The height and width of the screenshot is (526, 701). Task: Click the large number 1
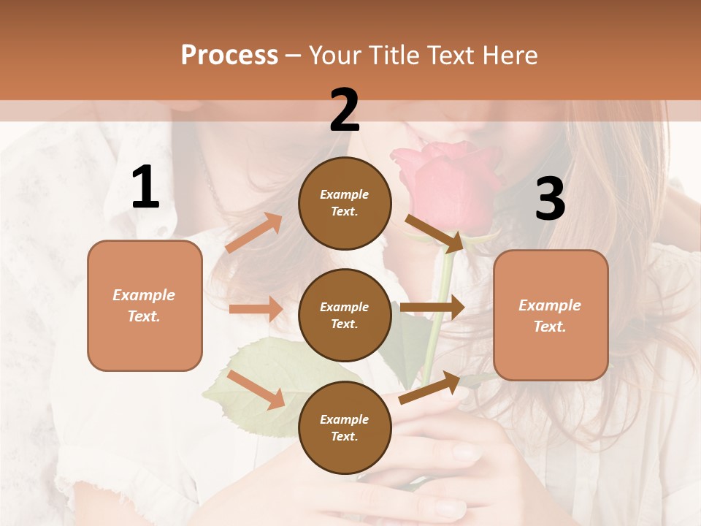145,188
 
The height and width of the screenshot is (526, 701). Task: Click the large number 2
344,110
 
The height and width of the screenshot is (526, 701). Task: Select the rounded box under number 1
145,305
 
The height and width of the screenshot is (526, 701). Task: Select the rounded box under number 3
551,316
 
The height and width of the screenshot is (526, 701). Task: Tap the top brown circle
345,203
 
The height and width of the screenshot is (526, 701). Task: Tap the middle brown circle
345,315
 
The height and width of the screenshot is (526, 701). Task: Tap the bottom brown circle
345,427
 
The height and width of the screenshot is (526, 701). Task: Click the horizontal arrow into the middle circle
256,309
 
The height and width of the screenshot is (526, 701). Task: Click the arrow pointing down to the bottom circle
256,389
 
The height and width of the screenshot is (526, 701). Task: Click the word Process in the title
229,55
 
